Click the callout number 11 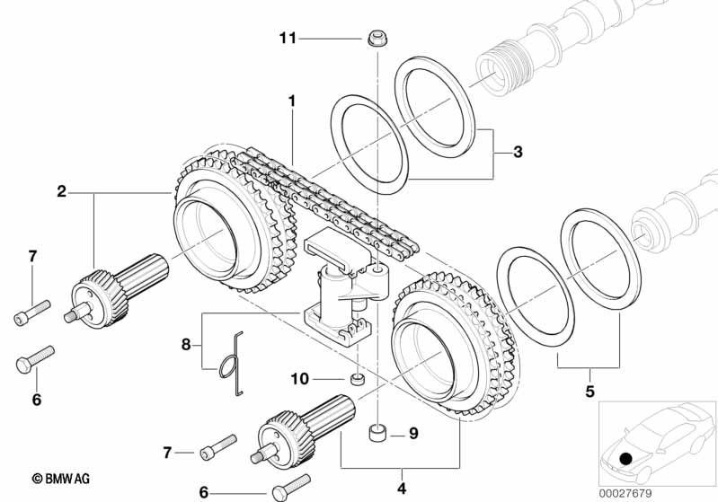[288, 38]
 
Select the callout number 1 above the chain [290, 101]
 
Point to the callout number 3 [518, 153]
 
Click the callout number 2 [61, 190]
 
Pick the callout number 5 [589, 392]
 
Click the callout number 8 [186, 343]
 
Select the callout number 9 [413, 433]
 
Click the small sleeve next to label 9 [377, 435]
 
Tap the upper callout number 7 [33, 257]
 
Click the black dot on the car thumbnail [625, 458]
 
